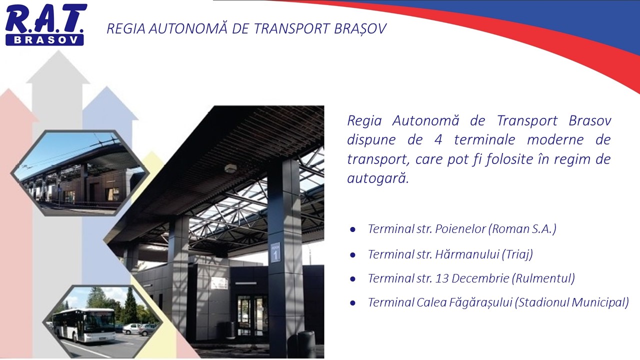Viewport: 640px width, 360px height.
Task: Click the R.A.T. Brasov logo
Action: point(45,24)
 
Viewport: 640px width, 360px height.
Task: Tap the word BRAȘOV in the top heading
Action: point(360,29)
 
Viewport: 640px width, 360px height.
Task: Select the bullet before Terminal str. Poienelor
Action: point(353,229)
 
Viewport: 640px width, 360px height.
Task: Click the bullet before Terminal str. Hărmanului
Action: point(353,254)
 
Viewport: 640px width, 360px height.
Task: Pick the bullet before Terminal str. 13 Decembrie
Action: point(353,278)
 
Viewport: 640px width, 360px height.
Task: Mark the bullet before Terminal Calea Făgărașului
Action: point(353,303)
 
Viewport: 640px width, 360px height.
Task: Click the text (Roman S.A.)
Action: point(522,229)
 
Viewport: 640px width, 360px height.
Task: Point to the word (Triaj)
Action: point(517,254)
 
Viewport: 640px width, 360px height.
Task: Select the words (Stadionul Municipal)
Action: point(571,302)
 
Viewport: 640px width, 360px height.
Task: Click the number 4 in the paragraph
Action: point(438,140)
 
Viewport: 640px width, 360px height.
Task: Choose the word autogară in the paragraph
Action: point(378,179)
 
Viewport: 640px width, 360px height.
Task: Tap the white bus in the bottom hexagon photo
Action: point(83,324)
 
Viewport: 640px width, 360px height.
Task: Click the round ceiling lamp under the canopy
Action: point(230,168)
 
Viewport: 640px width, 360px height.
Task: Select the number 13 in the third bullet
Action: point(441,278)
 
